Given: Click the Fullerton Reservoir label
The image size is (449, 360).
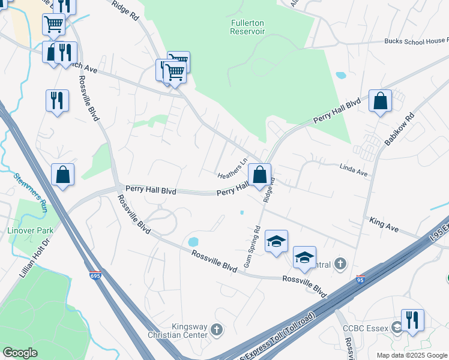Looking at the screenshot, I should click(x=247, y=27).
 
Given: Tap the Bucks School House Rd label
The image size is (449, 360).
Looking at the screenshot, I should click(x=417, y=41).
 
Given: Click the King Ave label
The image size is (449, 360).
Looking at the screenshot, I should click(x=384, y=221).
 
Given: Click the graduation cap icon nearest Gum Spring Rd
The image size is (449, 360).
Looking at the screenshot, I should click(x=276, y=241).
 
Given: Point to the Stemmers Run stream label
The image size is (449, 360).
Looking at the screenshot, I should click(x=30, y=193).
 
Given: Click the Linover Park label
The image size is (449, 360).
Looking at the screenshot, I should click(x=35, y=230).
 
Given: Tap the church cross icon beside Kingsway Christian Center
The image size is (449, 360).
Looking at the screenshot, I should click(x=216, y=329).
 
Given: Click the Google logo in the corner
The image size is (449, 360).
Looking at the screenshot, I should click(x=20, y=353).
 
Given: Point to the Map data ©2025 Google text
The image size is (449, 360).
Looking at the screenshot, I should click(x=411, y=355).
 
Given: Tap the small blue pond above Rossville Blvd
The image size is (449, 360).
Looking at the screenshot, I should click(x=193, y=242).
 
